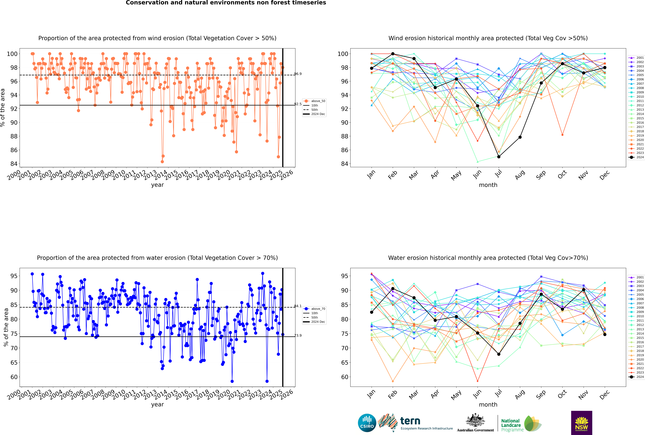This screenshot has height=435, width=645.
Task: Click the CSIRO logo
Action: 367,423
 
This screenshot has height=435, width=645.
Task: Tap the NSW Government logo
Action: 581,423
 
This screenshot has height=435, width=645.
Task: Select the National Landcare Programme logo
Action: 521,423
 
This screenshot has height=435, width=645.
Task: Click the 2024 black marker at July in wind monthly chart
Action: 499,157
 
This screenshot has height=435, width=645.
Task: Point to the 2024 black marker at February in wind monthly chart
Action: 393,54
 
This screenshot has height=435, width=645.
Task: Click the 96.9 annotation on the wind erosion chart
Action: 298,74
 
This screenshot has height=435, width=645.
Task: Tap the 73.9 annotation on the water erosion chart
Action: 298,335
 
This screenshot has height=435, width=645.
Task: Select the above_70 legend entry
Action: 314,309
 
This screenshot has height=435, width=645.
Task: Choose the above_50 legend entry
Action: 314,101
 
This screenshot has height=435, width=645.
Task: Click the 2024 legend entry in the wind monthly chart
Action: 636,157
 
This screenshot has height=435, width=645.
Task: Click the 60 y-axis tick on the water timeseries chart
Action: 14,377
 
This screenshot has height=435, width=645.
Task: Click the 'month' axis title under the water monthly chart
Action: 488,404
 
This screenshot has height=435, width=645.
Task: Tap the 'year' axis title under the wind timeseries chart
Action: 158,185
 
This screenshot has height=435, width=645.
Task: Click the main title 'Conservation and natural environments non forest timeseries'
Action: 226,3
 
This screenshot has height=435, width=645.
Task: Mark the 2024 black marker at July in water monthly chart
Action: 499,354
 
